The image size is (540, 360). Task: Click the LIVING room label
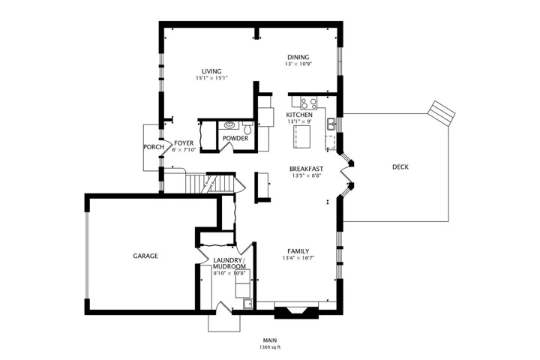point(211,71)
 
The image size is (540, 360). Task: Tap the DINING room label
point(298,57)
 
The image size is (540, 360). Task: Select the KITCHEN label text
point(299,115)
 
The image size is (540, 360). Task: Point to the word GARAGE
point(145,256)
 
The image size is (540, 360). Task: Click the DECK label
point(400,167)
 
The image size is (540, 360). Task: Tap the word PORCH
point(154,147)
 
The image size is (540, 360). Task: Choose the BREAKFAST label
point(306,169)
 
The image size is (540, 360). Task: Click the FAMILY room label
point(298,251)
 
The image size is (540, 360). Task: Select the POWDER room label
point(235,138)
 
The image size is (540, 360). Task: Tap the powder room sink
point(229,125)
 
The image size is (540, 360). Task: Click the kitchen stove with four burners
point(308,103)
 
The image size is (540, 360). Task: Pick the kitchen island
point(301,136)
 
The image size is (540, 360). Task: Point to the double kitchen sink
point(331,124)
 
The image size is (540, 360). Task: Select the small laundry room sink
point(247,304)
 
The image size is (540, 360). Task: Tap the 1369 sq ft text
point(270,347)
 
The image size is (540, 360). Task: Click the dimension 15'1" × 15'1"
point(211,78)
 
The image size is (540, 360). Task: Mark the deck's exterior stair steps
point(442,113)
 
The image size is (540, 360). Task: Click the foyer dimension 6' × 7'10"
point(184,150)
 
